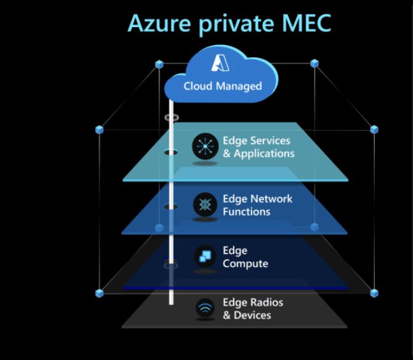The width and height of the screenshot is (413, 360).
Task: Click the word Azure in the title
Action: point(160,23)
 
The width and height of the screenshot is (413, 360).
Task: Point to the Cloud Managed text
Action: point(222,86)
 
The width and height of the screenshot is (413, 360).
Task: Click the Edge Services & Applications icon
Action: point(205,147)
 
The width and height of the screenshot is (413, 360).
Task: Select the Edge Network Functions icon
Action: point(205,205)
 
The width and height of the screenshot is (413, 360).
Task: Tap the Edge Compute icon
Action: point(205,257)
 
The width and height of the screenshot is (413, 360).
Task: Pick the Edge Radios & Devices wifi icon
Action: point(205,309)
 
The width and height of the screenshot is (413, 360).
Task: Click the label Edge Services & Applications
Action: point(258,147)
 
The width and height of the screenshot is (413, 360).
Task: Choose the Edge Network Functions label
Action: point(257,205)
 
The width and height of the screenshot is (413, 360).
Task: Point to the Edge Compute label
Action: point(245,257)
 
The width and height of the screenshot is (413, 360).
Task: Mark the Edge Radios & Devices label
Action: point(253,309)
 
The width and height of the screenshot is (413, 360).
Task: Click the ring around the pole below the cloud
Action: point(171,117)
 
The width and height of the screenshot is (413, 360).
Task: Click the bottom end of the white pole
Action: point(171,303)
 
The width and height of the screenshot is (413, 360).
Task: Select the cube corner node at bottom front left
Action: point(99,293)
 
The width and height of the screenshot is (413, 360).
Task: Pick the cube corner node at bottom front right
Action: point(374,293)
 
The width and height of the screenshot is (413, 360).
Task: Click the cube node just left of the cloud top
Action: point(160,64)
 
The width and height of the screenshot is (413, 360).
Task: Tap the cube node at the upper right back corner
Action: point(314,63)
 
